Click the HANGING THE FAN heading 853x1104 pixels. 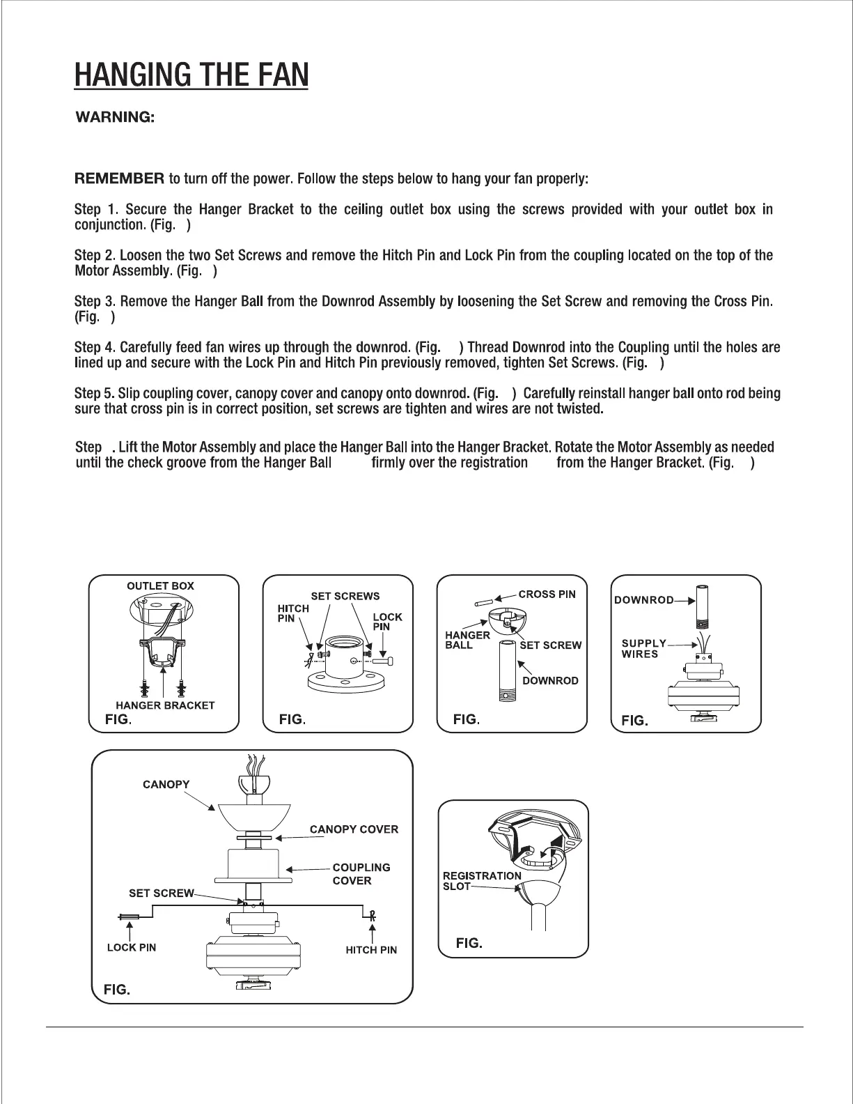(191, 75)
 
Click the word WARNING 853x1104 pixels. (115, 116)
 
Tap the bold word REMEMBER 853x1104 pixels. (119, 178)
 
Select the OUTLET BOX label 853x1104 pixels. (160, 586)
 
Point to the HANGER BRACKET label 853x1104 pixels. (165, 705)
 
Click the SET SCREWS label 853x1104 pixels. (345, 596)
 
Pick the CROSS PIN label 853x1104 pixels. (547, 595)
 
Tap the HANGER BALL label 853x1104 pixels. (467, 640)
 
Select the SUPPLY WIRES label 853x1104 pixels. (643, 648)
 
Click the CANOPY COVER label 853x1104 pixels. (354, 829)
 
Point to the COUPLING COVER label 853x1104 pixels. (361, 874)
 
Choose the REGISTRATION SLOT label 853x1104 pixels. (481, 881)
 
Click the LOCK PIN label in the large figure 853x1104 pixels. (132, 947)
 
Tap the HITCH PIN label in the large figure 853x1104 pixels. (371, 950)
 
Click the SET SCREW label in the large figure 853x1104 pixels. (162, 893)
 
